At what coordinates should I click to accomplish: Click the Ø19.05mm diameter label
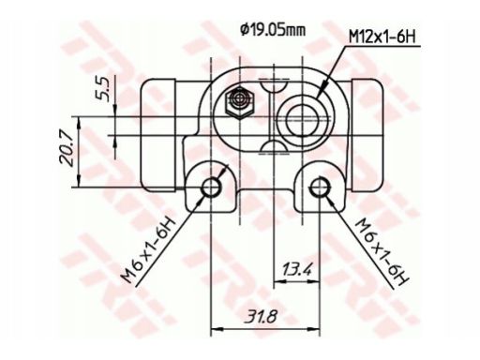click(x=273, y=30)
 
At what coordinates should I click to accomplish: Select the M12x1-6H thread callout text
click(x=382, y=37)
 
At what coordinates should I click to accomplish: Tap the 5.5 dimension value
click(x=103, y=89)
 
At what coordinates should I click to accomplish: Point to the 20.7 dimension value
click(x=67, y=150)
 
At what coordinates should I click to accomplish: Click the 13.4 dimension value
click(x=296, y=269)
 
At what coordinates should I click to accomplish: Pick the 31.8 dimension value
click(x=261, y=317)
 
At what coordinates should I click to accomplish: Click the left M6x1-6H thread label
click(x=149, y=250)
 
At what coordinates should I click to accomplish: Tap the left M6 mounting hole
click(x=211, y=187)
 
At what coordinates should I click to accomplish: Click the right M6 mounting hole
click(x=319, y=187)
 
